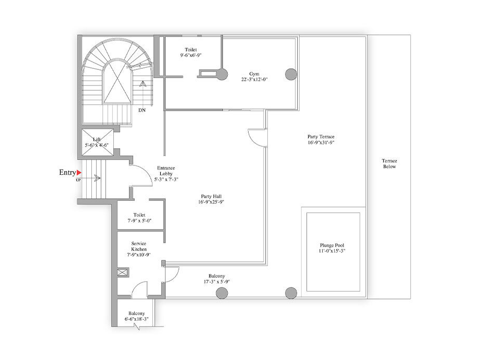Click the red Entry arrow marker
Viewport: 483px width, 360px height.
coord(79,173)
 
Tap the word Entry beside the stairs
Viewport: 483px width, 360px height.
coord(67,172)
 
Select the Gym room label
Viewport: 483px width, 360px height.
coord(254,74)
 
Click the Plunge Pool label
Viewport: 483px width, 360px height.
coord(332,245)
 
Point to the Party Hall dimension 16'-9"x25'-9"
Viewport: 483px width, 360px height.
coord(211,202)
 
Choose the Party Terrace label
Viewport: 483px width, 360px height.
coord(321,137)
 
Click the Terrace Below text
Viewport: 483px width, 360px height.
coord(390,163)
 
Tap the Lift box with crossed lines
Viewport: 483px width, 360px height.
coord(97,142)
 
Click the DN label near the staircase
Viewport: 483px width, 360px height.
coord(142,110)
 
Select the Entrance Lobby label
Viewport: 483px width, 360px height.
coord(166,171)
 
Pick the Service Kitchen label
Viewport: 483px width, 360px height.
coord(138,246)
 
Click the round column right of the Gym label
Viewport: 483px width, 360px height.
coord(291,74)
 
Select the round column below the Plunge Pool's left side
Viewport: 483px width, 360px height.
coord(291,293)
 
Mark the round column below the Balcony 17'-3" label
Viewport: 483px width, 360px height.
coord(222,293)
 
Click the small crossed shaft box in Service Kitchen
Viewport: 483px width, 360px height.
coord(123,273)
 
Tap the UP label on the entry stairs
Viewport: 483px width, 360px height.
coord(78,180)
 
